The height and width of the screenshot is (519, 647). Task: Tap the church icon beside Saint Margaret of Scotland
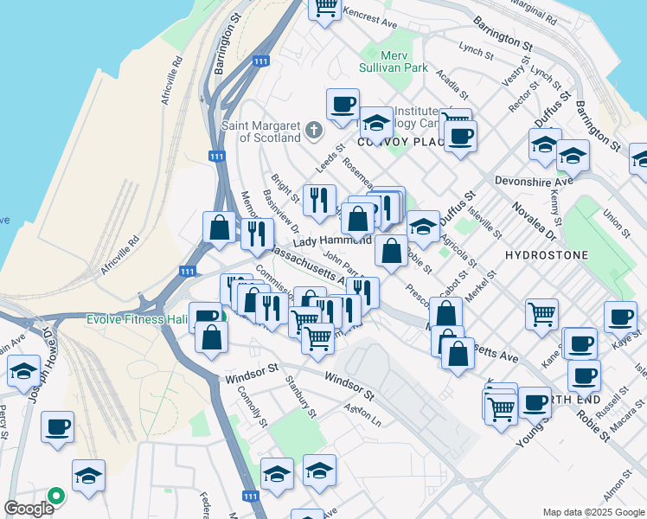313,131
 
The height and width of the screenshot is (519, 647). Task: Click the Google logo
29,508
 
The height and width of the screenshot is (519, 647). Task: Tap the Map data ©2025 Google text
594,512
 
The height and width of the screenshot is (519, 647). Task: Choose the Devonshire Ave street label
534,181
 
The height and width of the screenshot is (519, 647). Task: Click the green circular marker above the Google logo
56,496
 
